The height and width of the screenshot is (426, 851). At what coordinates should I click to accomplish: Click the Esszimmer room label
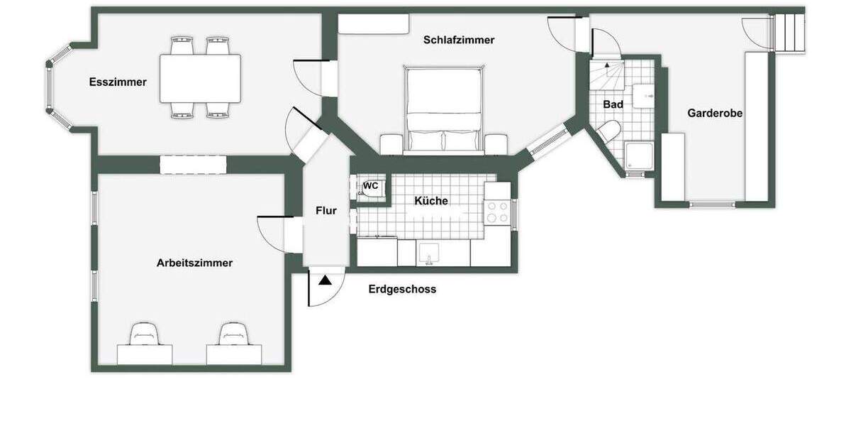pos(118,82)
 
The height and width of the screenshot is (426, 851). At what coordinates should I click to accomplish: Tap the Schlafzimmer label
pos(458,40)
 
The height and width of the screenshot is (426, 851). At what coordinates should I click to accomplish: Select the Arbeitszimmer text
pos(194,263)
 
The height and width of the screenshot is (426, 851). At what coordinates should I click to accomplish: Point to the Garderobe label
pos(715,113)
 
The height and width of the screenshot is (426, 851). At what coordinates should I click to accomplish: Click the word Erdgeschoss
pos(402,289)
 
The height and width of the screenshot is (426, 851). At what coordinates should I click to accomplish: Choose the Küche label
pos(430,201)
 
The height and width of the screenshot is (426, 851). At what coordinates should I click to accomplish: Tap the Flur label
pos(326,210)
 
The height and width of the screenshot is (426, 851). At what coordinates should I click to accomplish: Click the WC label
pos(371,186)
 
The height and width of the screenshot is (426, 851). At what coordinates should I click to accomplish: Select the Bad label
pos(613,104)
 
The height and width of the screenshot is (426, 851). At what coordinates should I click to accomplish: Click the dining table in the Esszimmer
pos(200,78)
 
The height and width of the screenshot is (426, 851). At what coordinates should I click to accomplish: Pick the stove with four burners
pos(497,212)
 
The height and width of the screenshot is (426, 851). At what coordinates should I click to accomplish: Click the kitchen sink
pos(429,254)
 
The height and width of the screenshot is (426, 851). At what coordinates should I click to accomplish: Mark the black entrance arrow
pos(325,280)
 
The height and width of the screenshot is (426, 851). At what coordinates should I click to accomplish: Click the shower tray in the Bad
pos(640,157)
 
